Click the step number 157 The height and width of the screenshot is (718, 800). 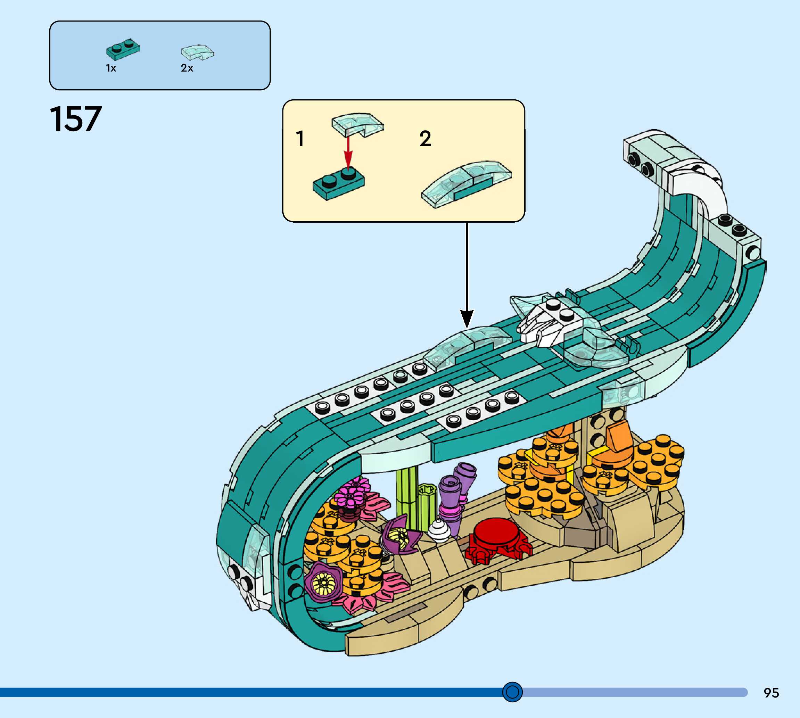tap(76, 119)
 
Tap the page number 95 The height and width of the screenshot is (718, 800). tap(771, 693)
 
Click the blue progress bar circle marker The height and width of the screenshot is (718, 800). tap(512, 692)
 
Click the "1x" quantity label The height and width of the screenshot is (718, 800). tap(111, 68)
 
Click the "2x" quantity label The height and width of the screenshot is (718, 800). tap(187, 68)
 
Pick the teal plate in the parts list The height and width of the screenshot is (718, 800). tap(123, 49)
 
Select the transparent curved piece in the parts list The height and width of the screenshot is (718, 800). tap(197, 52)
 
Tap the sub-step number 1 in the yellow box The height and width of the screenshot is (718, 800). tap(300, 139)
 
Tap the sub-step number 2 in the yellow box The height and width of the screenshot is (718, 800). tap(425, 139)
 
